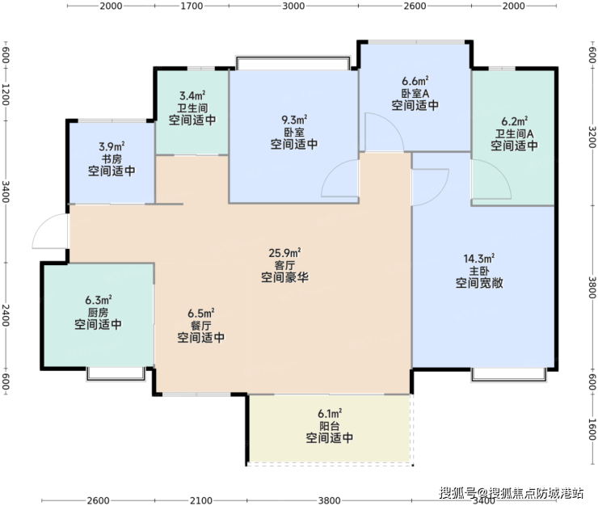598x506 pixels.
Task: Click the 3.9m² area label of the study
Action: click(112, 146)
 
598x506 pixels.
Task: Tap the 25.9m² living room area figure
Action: click(284, 253)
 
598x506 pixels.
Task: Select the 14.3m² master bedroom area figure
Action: click(479, 259)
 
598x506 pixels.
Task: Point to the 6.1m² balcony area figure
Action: click(330, 413)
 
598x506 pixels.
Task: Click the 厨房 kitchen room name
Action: click(98, 313)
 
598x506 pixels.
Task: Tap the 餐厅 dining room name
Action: click(200, 326)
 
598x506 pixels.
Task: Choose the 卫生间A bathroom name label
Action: click(514, 133)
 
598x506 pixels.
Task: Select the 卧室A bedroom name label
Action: click(415, 93)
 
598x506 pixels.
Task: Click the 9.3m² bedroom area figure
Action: click(294, 120)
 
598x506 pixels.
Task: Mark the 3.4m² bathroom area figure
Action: click(192, 95)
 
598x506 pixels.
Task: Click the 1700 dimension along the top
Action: click(192, 6)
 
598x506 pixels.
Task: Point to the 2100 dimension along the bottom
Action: click(201, 500)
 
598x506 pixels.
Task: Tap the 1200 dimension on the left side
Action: click(6, 94)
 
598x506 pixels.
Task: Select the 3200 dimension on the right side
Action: click(592, 137)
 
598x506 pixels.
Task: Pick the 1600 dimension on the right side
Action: click(592, 429)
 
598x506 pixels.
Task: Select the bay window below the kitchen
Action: click(116, 374)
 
